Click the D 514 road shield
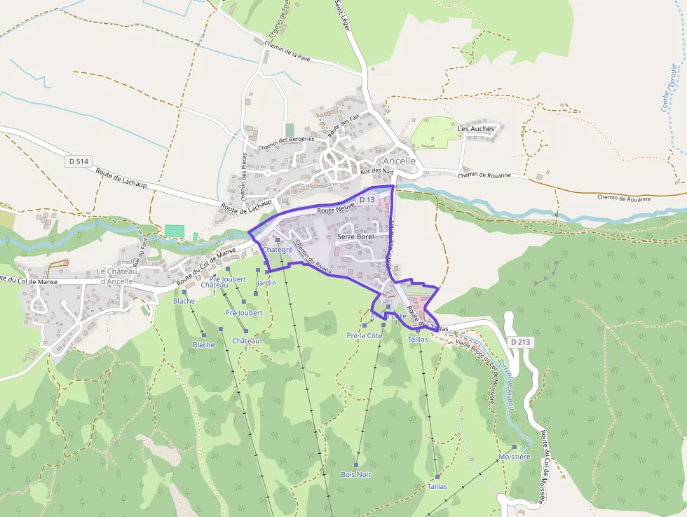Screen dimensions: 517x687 (80, 161)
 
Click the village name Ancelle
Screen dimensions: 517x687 (400, 161)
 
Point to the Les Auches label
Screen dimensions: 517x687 (476, 129)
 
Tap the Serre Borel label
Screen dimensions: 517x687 (355, 237)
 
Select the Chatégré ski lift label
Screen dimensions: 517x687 (277, 249)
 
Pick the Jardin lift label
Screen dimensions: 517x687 (267, 283)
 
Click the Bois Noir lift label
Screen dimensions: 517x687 (355, 475)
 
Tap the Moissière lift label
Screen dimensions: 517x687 (514, 456)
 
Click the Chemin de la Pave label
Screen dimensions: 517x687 (287, 52)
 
